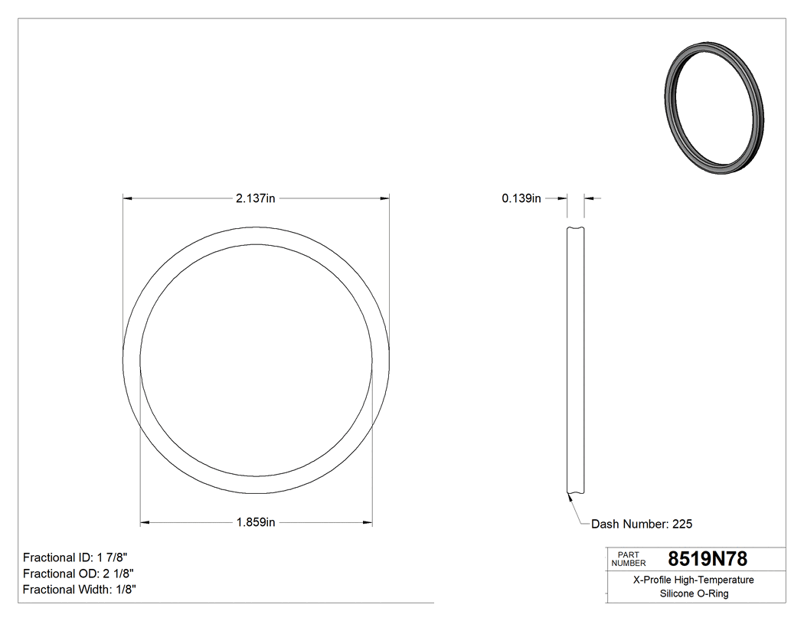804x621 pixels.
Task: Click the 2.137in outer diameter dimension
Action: point(256,198)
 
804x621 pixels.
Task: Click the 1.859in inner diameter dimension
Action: point(256,523)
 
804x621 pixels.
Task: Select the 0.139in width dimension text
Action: point(521,198)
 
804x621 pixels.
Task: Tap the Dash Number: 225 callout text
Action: point(642,525)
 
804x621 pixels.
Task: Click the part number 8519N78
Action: point(708,558)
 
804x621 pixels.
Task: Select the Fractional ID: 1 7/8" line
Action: point(80,557)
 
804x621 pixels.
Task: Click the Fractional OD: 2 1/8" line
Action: point(80,574)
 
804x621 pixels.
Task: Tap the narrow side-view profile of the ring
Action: point(576,360)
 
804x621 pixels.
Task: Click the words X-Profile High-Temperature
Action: point(694,580)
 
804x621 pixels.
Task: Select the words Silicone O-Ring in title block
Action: point(694,593)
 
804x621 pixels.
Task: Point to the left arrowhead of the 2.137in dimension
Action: point(129,198)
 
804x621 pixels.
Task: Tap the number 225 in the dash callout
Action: point(682,525)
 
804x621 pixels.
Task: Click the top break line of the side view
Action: point(576,228)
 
